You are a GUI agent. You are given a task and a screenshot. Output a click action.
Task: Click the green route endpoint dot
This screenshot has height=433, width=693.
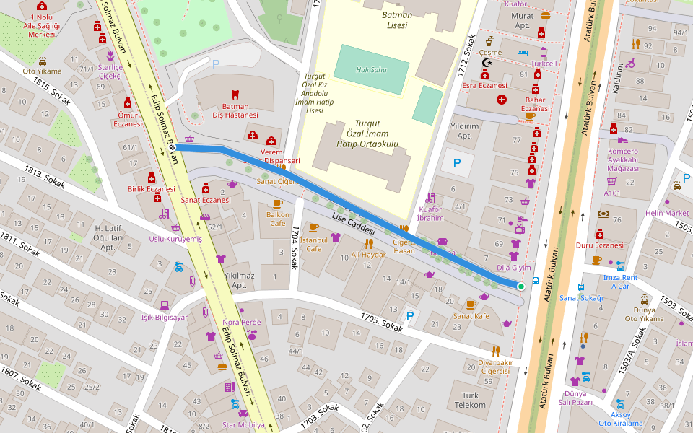[520, 287]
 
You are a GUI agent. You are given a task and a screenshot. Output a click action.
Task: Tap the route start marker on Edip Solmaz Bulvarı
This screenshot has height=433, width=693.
[171, 146]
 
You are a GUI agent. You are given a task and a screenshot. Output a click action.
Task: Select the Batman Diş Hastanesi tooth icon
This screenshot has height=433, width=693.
[234, 95]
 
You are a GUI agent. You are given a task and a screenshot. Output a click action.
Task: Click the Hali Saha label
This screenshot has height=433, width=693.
[371, 70]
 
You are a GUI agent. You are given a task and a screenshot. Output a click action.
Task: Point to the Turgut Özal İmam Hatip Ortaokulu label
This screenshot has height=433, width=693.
[367, 134]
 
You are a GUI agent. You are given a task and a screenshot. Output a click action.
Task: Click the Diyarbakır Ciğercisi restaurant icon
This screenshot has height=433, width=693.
[495, 351]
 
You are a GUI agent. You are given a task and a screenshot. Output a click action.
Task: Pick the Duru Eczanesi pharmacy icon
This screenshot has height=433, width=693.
[599, 234]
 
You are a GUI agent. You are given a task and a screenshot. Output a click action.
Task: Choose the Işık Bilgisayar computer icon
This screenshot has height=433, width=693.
[165, 305]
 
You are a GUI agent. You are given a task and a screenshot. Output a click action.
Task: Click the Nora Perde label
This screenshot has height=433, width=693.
[241, 322]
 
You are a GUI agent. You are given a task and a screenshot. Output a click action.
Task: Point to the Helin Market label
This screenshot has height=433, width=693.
[667, 213]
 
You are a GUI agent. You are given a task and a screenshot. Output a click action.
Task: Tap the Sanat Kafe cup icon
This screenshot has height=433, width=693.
[471, 305]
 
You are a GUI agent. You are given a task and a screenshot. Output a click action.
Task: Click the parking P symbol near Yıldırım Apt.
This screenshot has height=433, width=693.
[456, 164]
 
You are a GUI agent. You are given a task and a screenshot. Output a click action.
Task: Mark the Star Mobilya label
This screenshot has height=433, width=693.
[243, 424]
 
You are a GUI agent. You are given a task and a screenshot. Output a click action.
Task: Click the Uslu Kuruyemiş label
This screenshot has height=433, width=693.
[175, 239]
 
